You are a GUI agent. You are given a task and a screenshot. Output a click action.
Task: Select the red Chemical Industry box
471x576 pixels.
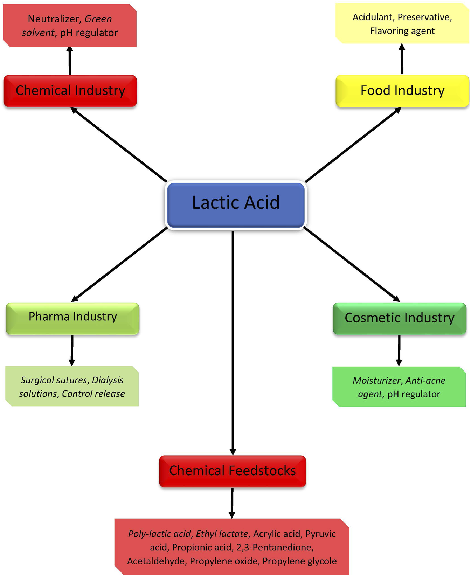[x=70, y=91]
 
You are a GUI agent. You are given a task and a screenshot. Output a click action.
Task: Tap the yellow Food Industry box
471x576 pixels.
[x=402, y=91]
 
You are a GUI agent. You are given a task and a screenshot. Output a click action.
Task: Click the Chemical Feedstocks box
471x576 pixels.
[x=233, y=471]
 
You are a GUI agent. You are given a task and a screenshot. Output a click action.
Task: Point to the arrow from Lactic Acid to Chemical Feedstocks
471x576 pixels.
[x=233, y=343]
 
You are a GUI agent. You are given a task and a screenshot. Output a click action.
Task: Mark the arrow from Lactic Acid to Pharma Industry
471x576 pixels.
[x=119, y=265]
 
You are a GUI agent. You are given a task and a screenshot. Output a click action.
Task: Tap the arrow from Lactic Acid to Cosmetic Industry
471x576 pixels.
[x=351, y=264]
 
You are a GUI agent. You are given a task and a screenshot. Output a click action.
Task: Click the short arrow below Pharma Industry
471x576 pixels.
[x=72, y=350]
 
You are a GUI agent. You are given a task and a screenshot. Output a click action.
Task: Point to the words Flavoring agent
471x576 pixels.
[x=402, y=31]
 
